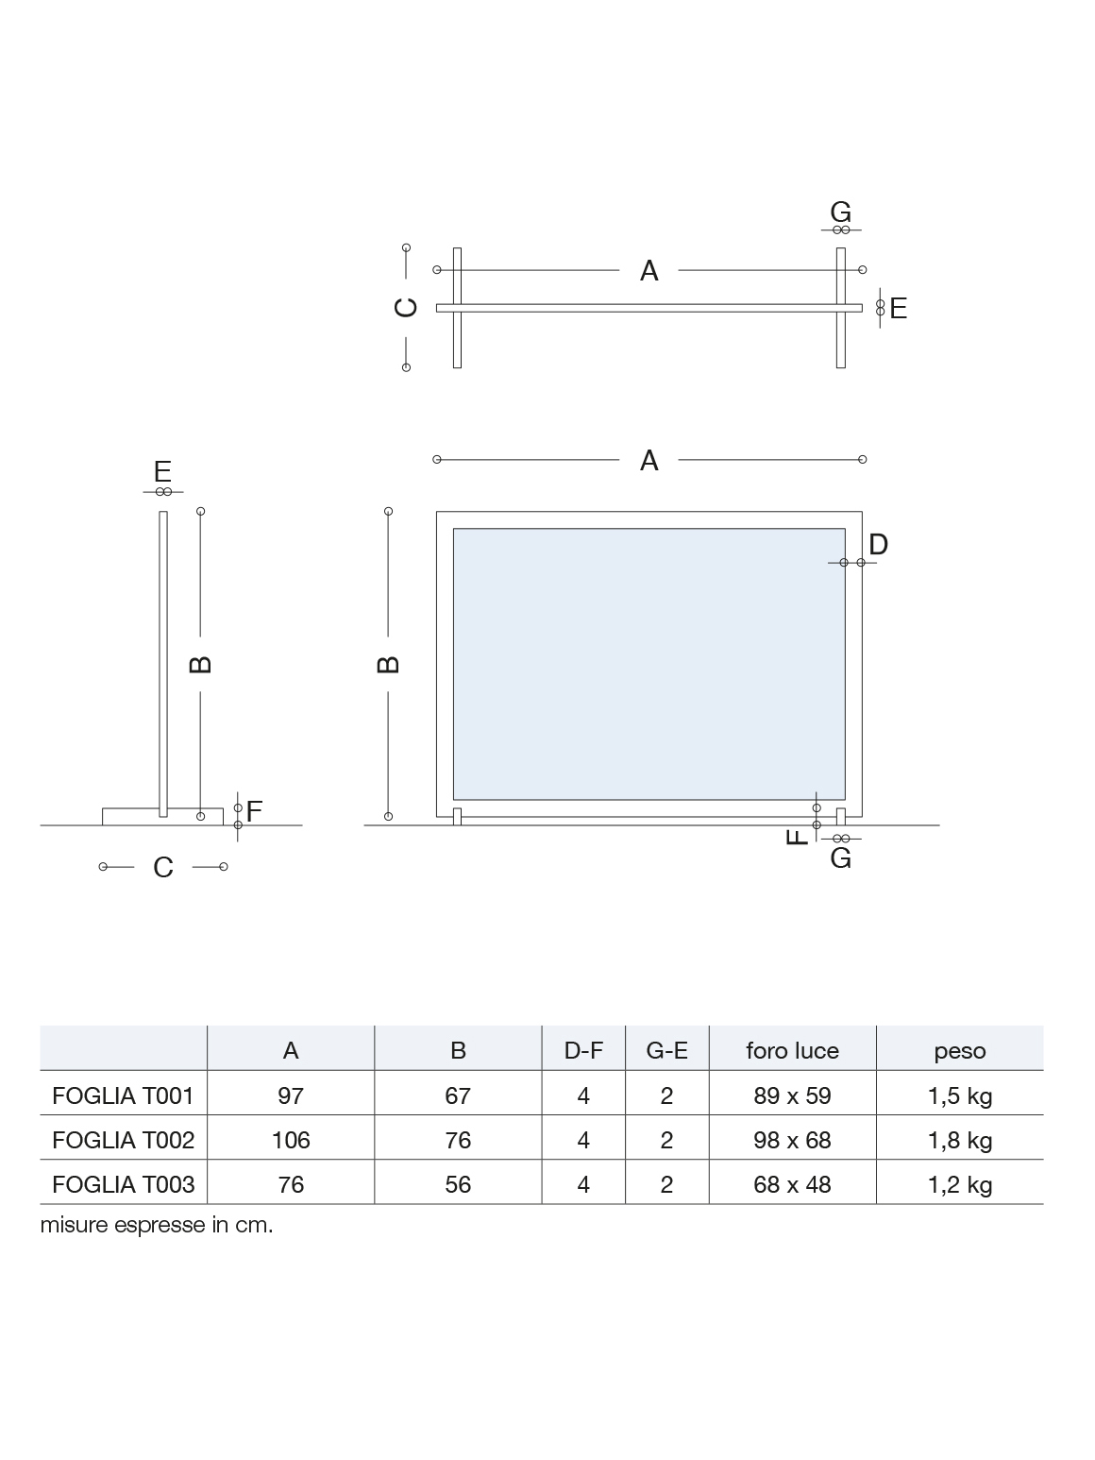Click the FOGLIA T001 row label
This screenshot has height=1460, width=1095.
coord(123,1095)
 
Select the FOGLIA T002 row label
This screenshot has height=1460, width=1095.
coord(123,1140)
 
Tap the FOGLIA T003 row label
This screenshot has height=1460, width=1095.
coord(123,1184)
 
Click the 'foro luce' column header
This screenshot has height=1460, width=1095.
coord(793,1051)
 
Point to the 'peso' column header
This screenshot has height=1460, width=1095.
coord(960,1052)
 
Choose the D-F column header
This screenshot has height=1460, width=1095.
coord(583,1051)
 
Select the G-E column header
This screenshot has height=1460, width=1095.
coord(666,1051)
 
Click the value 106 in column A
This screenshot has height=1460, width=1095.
coord(291,1140)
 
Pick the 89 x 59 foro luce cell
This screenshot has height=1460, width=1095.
coord(793,1095)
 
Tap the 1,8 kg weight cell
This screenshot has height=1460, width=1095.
coord(960,1142)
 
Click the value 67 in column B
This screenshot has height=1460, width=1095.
coord(458,1095)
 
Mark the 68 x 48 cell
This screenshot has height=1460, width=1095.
coord(793,1184)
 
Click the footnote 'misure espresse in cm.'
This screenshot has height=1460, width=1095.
coord(157,1225)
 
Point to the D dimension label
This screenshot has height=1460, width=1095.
coord(878,545)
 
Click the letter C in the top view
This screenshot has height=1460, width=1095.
coord(406,307)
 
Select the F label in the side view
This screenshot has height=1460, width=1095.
coord(254,811)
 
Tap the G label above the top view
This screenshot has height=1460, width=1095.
coord(841,212)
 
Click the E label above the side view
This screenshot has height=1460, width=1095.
coord(163,471)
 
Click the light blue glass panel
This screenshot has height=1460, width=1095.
coord(649,664)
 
